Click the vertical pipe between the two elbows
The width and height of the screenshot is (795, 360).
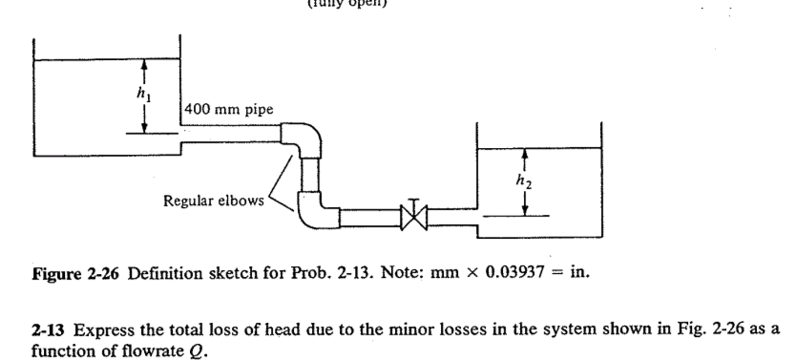click(x=308, y=176)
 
